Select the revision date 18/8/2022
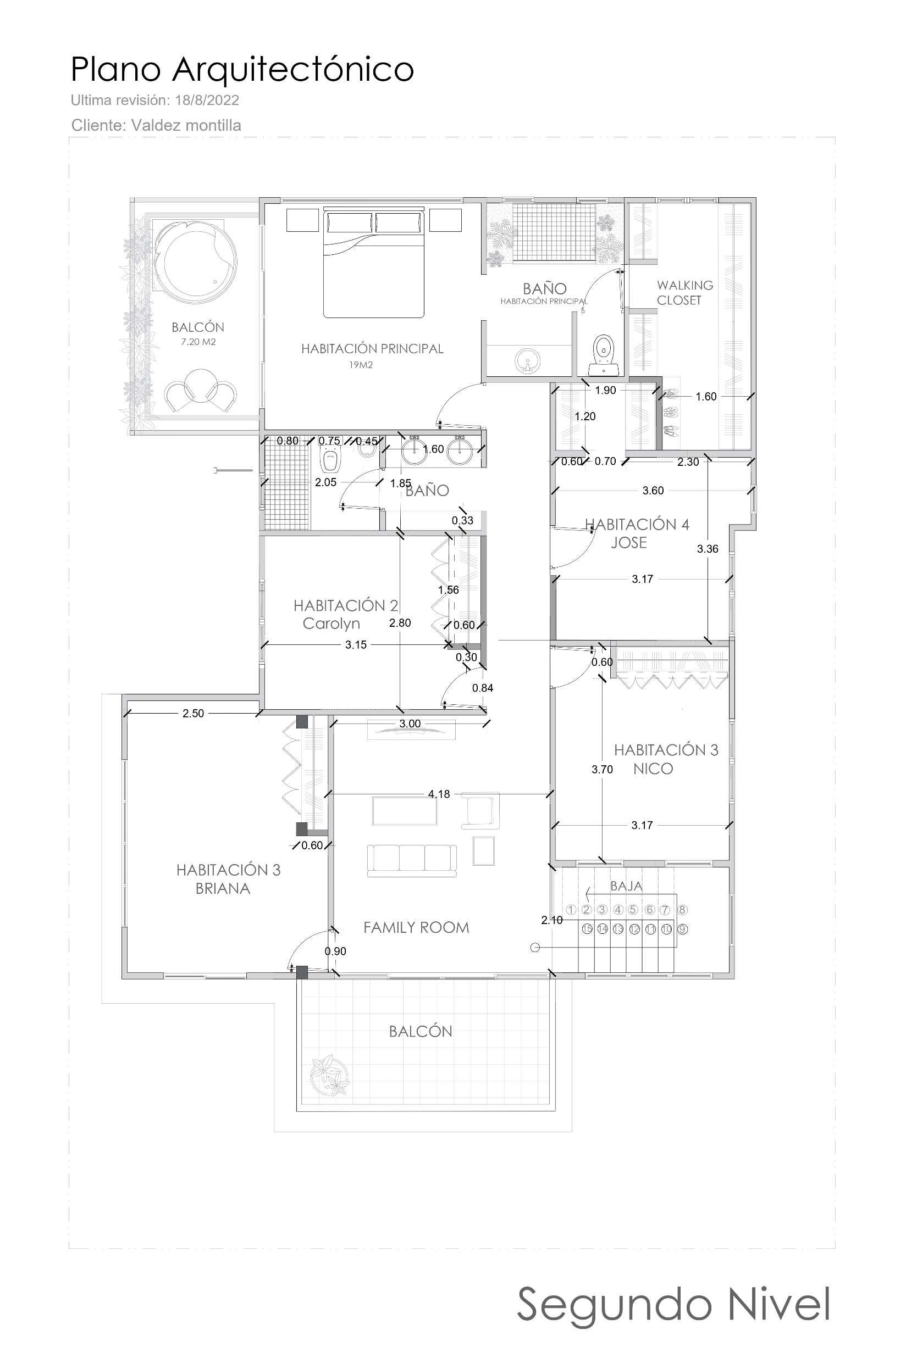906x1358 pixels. (207, 101)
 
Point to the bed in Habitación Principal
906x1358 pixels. (374, 263)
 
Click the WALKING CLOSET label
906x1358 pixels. (684, 293)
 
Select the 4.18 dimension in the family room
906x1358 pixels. (439, 794)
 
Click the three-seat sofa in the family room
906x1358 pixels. (412, 860)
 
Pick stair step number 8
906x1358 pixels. (682, 910)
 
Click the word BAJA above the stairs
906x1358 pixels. (626, 886)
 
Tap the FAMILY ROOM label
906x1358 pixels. (416, 928)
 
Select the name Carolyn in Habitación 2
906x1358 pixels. (331, 624)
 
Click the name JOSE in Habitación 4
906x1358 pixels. (629, 543)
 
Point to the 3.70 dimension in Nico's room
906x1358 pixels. (602, 769)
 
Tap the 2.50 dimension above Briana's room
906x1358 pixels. (193, 714)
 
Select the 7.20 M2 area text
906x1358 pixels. (198, 342)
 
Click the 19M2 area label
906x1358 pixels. (361, 365)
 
